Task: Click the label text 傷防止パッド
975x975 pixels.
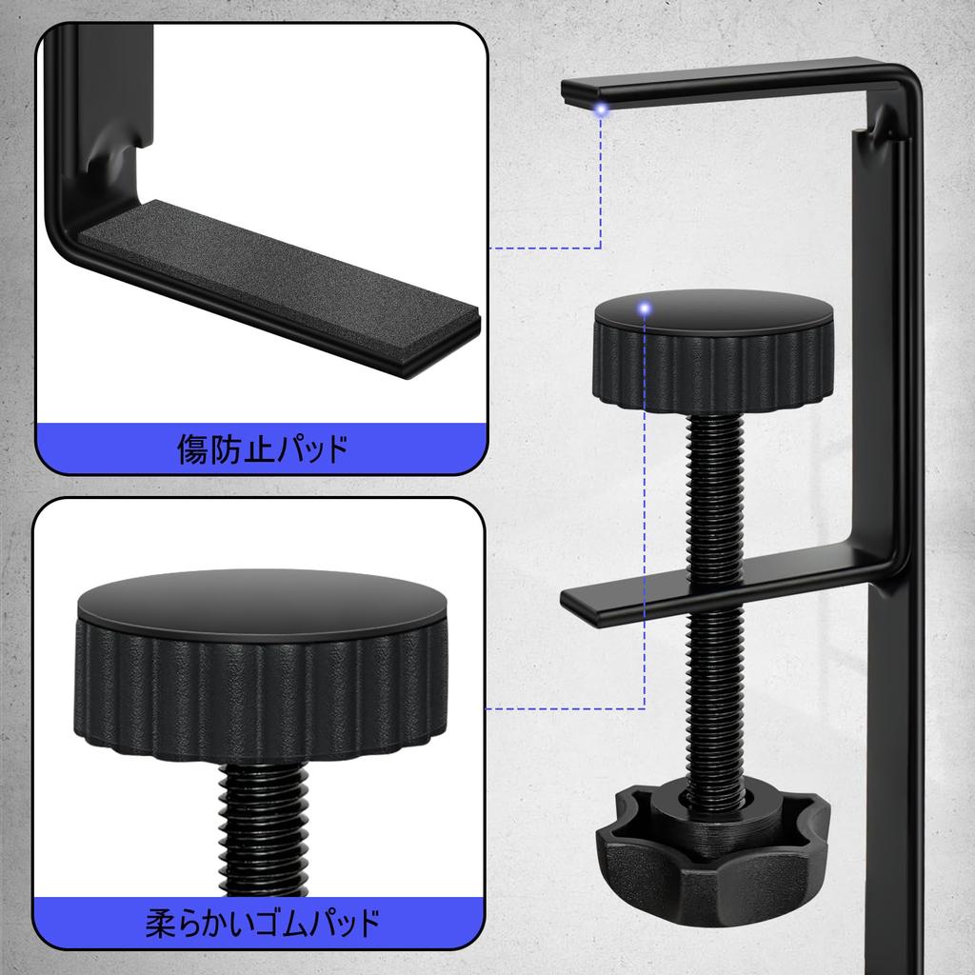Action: point(262,448)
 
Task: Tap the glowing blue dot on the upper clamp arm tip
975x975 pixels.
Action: point(601,110)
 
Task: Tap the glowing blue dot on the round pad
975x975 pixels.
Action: point(646,308)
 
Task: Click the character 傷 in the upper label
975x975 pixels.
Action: point(193,448)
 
